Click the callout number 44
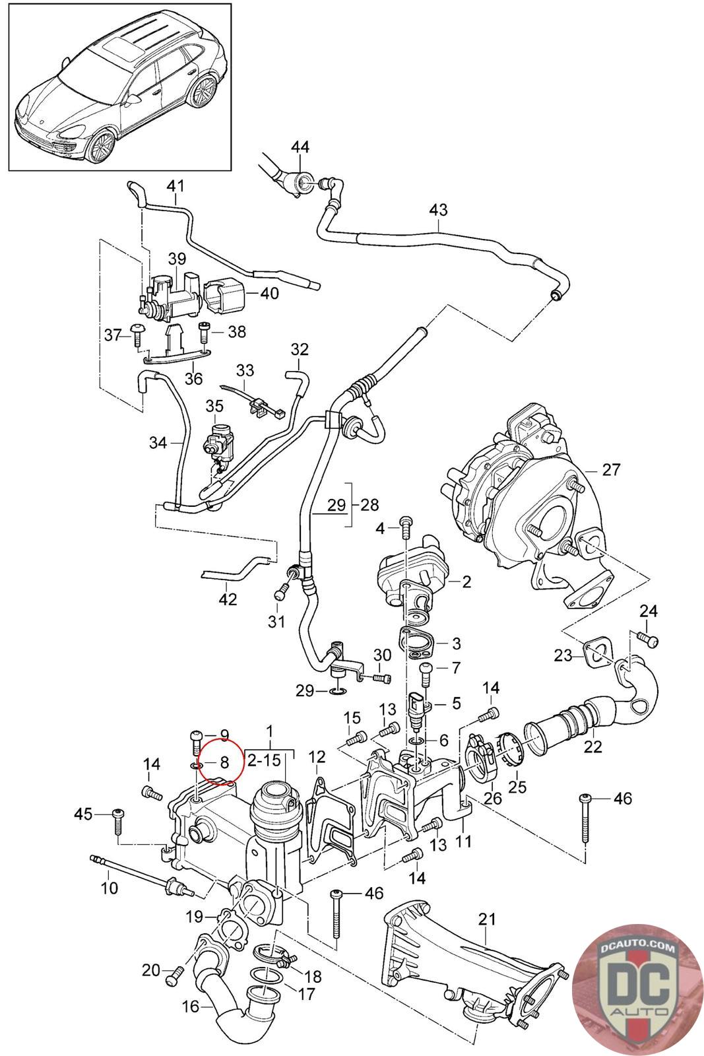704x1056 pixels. [x=300, y=147]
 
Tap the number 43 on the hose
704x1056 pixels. [x=438, y=210]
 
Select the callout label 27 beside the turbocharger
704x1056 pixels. [x=610, y=469]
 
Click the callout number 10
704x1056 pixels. [x=110, y=888]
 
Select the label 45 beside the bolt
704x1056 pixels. [x=84, y=814]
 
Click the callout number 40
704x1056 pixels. [x=270, y=293]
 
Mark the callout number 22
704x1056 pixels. [x=592, y=747]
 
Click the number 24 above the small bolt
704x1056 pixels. [x=649, y=611]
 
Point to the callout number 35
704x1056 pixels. [x=214, y=406]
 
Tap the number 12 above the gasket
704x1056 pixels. [x=317, y=756]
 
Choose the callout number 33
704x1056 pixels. [x=245, y=370]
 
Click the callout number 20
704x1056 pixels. [x=151, y=970]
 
